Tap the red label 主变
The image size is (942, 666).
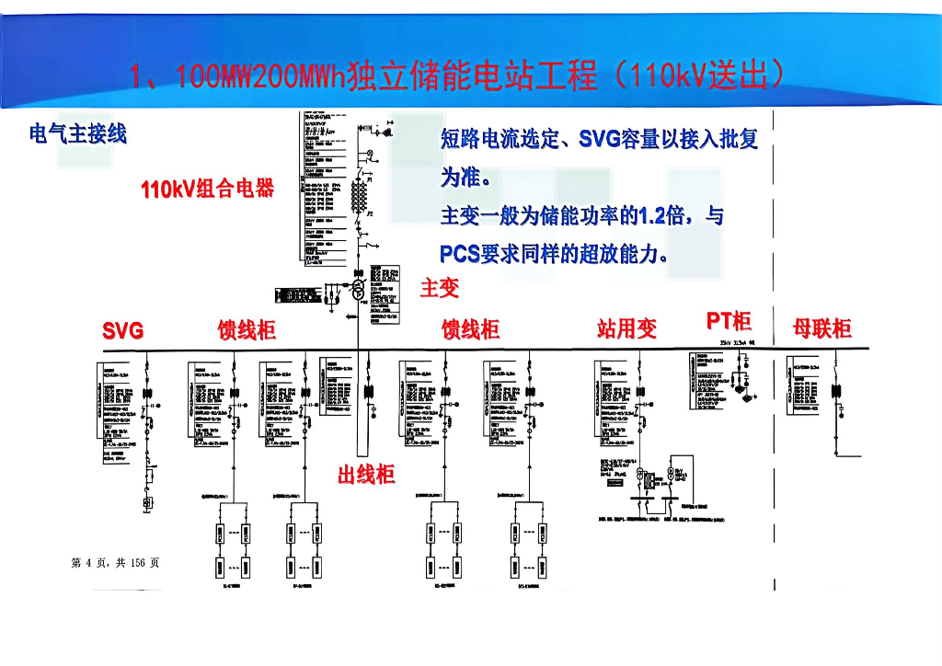pos(440,289)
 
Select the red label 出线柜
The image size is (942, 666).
pos(366,476)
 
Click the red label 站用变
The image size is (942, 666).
pos(627,329)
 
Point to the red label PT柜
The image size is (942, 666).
pos(729,321)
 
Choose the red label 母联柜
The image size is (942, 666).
pos(822,328)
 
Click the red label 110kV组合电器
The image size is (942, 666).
pos(208,190)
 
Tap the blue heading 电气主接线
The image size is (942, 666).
pos(78,134)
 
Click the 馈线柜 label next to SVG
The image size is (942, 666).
pos(247,330)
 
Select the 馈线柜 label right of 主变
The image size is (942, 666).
pos(471,329)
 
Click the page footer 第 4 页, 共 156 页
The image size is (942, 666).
pos(115,563)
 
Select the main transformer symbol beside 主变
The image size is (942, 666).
pos(357,289)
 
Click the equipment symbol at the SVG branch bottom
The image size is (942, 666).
pos(146,502)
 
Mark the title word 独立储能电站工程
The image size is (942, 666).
pos(472,76)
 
